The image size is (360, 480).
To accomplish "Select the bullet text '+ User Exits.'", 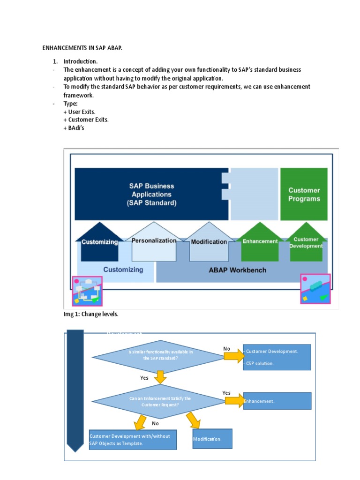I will [79, 112].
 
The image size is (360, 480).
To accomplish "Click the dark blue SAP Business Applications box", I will [151, 194].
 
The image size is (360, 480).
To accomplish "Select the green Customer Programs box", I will [304, 194].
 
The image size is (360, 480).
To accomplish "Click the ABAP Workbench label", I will [237, 270].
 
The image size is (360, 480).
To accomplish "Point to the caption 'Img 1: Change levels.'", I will [91, 314].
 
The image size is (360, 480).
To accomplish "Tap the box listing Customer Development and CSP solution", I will [277, 357].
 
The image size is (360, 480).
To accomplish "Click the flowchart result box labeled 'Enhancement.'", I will [277, 401].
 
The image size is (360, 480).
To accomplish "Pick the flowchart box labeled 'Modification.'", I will [212, 439].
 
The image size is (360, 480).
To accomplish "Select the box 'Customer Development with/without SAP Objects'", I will [133, 440].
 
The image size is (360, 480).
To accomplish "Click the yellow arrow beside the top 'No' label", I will [233, 357].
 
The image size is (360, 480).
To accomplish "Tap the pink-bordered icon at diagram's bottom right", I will [315, 289].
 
